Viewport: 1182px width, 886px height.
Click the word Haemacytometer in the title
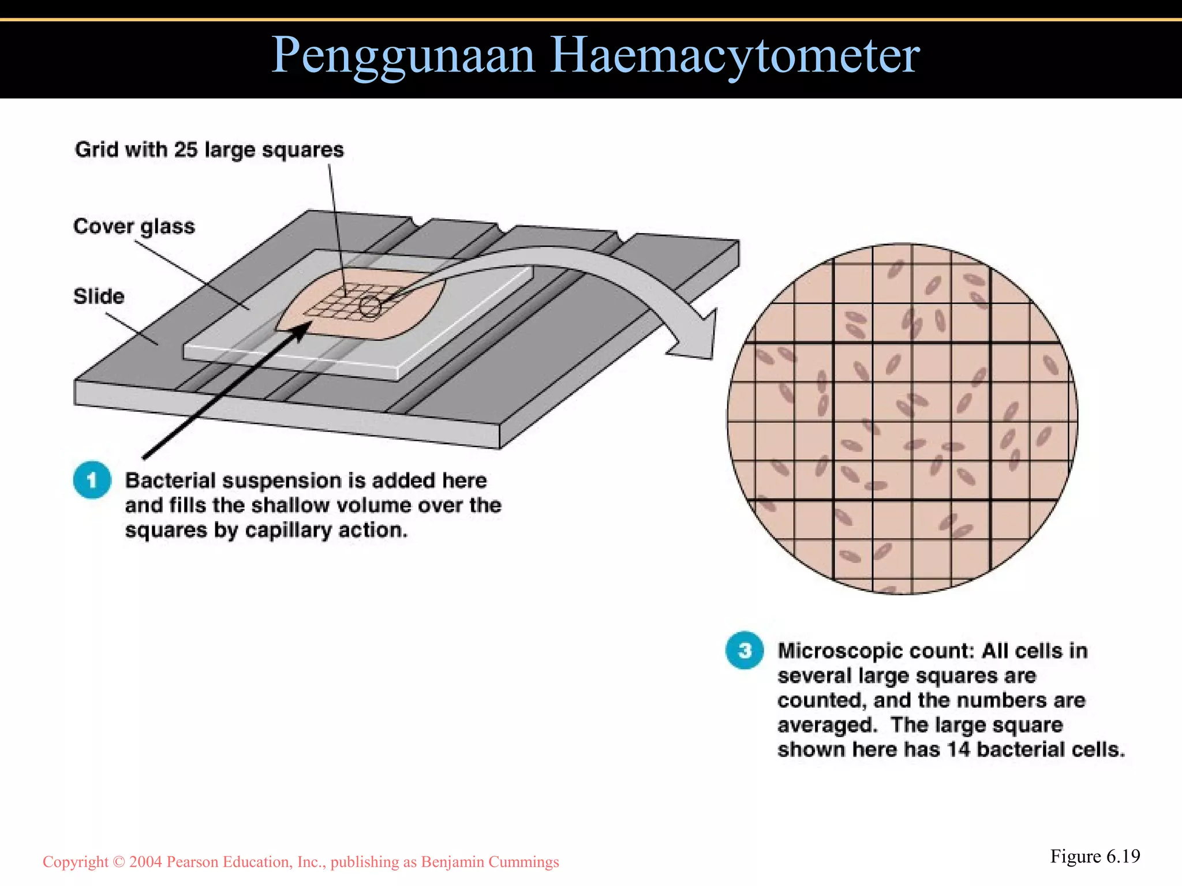click(x=734, y=55)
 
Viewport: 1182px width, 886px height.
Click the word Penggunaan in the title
click(x=403, y=57)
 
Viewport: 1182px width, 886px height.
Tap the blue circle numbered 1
click(x=92, y=479)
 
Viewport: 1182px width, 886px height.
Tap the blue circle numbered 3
click(x=745, y=650)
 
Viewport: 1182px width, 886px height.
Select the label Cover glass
click(x=134, y=226)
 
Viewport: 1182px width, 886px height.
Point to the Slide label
click(x=99, y=296)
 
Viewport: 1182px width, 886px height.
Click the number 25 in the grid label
click(x=185, y=149)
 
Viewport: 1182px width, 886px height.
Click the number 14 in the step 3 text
click(x=958, y=749)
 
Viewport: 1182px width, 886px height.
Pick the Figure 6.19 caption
click(x=1095, y=856)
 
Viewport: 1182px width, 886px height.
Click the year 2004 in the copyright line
click(x=145, y=862)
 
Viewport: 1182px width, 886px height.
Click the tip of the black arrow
click(x=306, y=327)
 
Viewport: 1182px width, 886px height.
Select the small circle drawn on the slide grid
click(x=371, y=305)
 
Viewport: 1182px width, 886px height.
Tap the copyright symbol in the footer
click(x=118, y=862)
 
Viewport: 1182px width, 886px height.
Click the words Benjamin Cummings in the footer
click(x=490, y=862)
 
